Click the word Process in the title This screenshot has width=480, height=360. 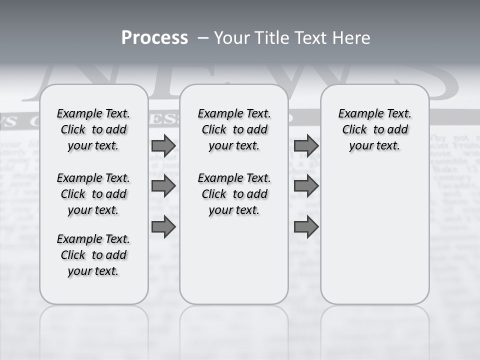click(x=154, y=38)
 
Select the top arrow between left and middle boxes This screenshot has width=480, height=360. click(x=163, y=146)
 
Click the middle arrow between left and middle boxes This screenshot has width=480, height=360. click(x=163, y=186)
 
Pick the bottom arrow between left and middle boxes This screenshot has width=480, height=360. click(x=163, y=227)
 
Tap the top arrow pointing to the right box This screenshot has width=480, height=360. click(x=306, y=146)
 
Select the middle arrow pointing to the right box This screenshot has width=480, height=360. click(x=306, y=186)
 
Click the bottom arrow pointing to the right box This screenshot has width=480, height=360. click(x=306, y=227)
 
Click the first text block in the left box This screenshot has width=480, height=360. click(x=93, y=129)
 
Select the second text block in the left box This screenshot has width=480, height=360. click(x=93, y=194)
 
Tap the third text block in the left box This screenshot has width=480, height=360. click(x=93, y=255)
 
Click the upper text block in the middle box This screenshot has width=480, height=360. click(x=234, y=129)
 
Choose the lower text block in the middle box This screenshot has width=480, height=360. click(x=234, y=194)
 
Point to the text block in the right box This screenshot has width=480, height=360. click(x=374, y=129)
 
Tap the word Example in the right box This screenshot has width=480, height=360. click(x=357, y=114)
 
